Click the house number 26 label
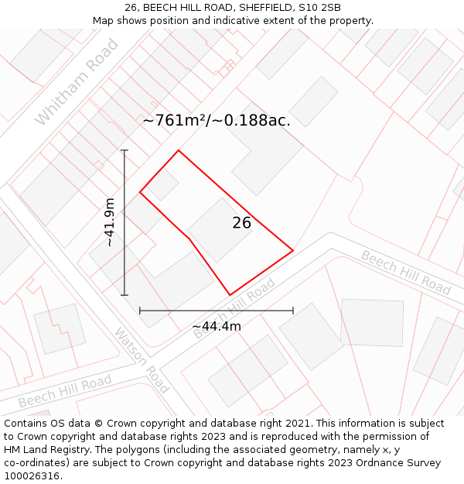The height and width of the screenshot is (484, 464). (241, 223)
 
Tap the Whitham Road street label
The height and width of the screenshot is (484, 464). (77, 82)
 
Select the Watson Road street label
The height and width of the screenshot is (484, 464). (142, 360)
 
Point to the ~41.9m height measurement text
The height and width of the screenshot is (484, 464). (110, 222)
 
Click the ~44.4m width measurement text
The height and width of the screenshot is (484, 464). (217, 326)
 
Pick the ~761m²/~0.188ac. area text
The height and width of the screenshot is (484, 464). (217, 120)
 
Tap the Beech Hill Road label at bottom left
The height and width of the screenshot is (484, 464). (65, 391)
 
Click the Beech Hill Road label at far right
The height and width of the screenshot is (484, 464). (406, 273)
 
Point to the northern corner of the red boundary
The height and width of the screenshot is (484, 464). (179, 150)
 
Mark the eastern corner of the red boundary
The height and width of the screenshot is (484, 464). (293, 250)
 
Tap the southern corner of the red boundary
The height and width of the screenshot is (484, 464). (230, 295)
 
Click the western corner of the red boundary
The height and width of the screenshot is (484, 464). (140, 192)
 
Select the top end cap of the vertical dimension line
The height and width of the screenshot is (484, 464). (125, 150)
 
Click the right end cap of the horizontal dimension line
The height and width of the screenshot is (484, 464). (293, 311)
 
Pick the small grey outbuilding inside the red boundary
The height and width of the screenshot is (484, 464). (162, 184)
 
